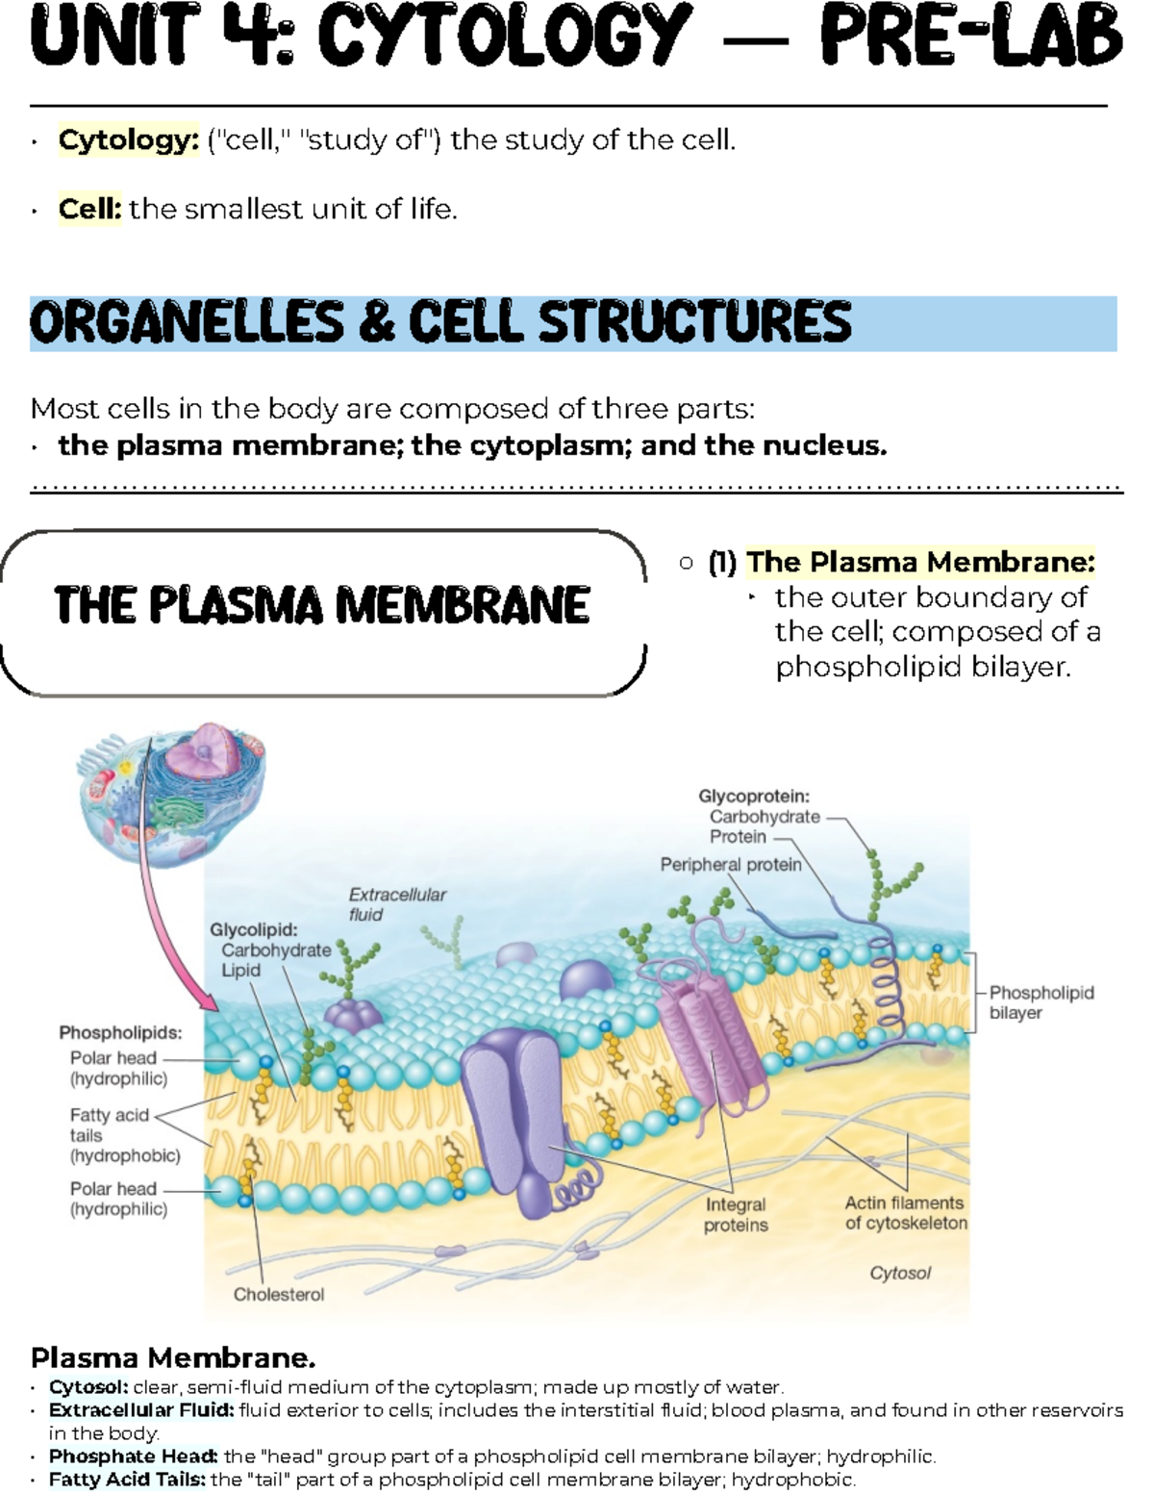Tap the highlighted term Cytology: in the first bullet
(128, 140)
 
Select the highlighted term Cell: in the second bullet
(89, 209)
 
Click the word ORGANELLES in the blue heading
(187, 322)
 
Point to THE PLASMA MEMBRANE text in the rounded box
(322, 605)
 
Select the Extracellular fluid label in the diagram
(396, 904)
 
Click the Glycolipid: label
(254, 929)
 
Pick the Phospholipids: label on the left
(120, 1033)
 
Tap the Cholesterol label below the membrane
(279, 1295)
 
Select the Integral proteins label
(736, 1215)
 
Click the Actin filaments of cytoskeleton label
(906, 1213)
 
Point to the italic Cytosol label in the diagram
(900, 1273)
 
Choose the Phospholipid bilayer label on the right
(1041, 1002)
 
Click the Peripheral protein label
(731, 865)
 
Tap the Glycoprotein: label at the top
(754, 797)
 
